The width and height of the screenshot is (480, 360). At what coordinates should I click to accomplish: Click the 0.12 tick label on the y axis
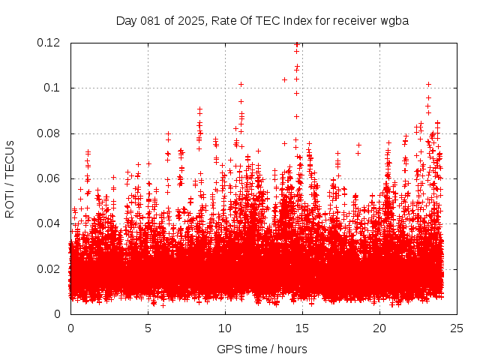pyautogui.click(x=49, y=43)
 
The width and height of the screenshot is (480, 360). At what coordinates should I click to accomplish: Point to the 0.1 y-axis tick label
pyautogui.click(x=52, y=88)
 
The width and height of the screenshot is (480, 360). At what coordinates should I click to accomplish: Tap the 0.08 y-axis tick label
pyautogui.click(x=49, y=133)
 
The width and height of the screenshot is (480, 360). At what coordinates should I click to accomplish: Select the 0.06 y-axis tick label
pyautogui.click(x=49, y=178)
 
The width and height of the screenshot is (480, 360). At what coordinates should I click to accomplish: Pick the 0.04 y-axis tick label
pyautogui.click(x=49, y=223)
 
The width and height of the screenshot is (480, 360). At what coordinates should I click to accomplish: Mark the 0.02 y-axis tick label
pyautogui.click(x=49, y=268)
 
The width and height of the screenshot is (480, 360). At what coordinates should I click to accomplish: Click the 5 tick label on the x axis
pyautogui.click(x=148, y=328)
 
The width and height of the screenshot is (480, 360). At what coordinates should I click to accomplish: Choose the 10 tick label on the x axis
pyautogui.click(x=225, y=328)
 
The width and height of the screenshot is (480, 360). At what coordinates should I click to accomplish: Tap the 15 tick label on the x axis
pyautogui.click(x=302, y=328)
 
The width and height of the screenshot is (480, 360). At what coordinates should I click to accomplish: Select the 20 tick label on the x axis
pyautogui.click(x=379, y=328)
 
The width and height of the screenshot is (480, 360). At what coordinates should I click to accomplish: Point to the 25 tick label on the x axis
pyautogui.click(x=457, y=328)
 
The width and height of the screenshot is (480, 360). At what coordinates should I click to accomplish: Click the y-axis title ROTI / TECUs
pyautogui.click(x=10, y=178)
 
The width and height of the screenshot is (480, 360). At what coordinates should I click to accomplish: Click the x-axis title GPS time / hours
pyautogui.click(x=262, y=349)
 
